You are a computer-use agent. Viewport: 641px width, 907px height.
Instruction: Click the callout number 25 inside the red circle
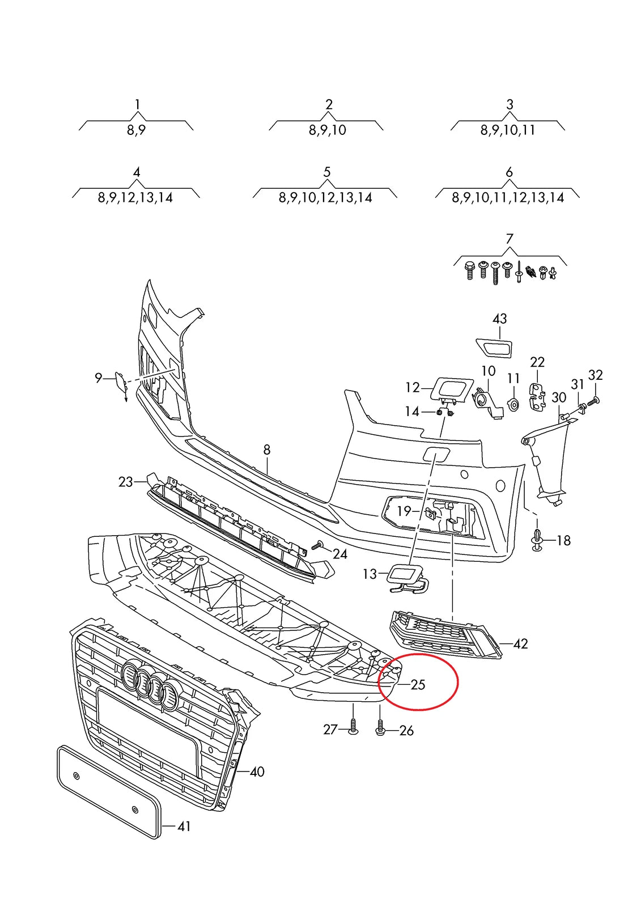click(418, 685)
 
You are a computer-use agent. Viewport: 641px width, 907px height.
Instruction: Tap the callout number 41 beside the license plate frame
click(184, 827)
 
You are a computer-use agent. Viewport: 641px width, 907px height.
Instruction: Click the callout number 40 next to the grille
click(257, 772)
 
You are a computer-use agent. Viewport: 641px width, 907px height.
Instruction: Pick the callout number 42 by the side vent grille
click(520, 644)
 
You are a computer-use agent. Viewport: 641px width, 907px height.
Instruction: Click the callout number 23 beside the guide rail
click(125, 482)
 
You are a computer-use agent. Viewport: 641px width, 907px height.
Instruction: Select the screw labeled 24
click(318, 546)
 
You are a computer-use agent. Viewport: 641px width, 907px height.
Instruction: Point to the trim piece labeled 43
click(494, 346)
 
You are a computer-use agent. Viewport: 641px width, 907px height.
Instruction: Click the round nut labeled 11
click(513, 405)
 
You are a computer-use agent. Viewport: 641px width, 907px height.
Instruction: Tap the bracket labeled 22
click(537, 396)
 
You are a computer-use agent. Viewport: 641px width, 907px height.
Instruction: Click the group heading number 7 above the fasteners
click(509, 239)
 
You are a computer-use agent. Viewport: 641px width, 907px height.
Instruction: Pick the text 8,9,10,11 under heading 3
click(508, 130)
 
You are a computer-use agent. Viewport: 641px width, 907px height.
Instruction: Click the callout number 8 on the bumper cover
click(267, 450)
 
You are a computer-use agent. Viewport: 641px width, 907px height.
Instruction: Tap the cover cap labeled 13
click(406, 577)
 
